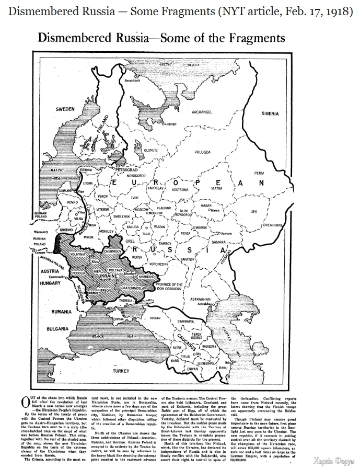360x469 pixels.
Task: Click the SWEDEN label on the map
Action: (x=66, y=109)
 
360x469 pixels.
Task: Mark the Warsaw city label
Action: (x=41, y=231)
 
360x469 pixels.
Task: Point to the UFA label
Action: (x=254, y=211)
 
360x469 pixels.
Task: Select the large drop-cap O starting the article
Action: (x=24, y=402)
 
